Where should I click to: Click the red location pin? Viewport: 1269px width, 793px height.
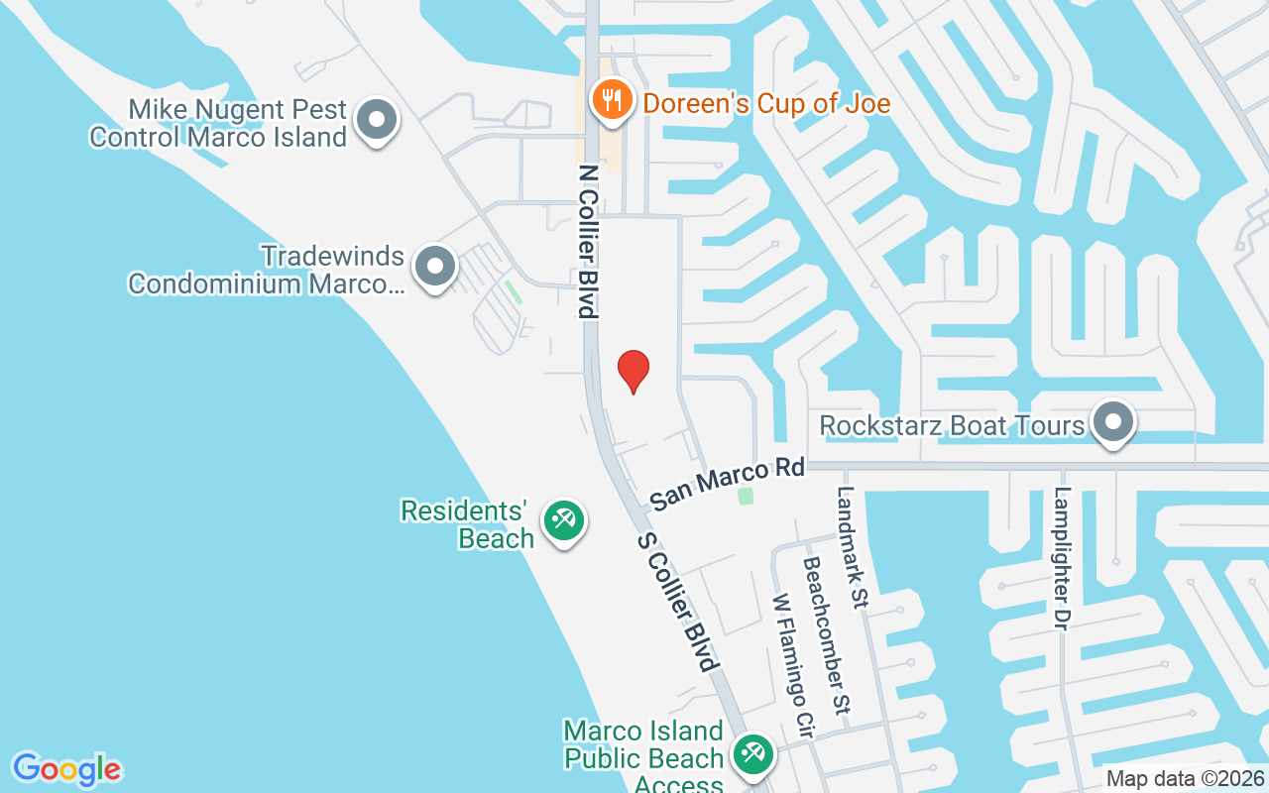point(634,371)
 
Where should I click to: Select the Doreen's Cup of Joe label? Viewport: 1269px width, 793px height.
point(766,103)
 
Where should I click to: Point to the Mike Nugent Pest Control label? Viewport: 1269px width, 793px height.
point(218,123)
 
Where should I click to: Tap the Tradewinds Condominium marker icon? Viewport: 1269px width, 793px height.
point(434,267)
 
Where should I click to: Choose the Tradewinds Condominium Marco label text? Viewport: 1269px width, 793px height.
point(267,271)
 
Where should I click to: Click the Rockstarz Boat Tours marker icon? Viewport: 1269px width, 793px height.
point(1113,422)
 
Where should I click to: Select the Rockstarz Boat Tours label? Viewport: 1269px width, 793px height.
point(952,426)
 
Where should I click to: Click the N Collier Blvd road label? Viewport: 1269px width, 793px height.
point(589,242)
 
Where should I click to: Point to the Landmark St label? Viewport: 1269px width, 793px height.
point(853,545)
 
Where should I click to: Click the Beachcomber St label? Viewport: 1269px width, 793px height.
point(826,634)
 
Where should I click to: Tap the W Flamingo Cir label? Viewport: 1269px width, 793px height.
point(793,665)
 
